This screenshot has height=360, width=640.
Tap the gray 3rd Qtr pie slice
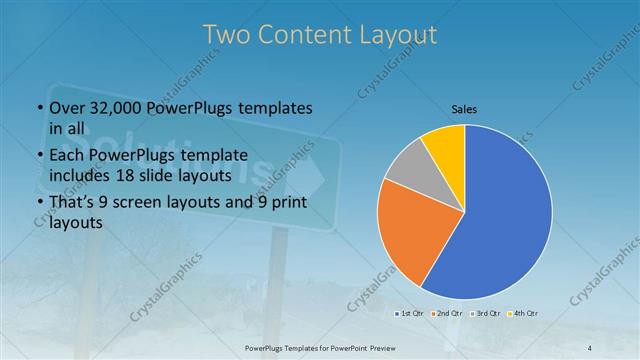pyautogui.click(x=408, y=168)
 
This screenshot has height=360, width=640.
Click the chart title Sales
pyautogui.click(x=464, y=107)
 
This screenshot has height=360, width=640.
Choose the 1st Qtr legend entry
pyautogui.click(x=408, y=314)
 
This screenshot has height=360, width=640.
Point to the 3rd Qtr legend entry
pyautogui.click(x=486, y=314)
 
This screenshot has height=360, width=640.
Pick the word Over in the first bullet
pyautogui.click(x=66, y=108)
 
